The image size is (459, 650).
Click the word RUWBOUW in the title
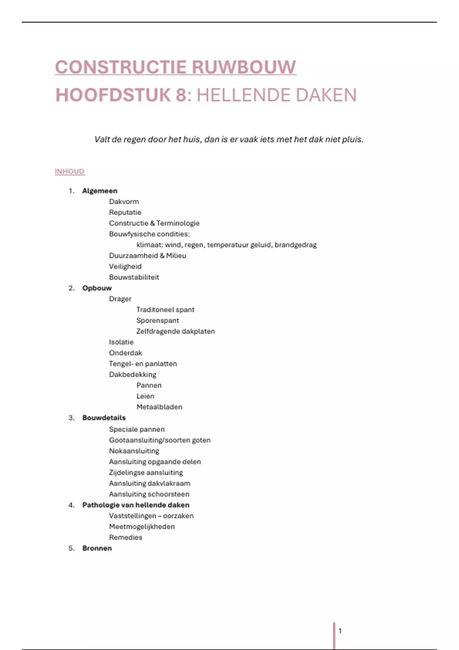click(x=244, y=67)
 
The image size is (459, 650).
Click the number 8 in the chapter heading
click(x=181, y=95)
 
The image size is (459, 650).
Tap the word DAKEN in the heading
click(x=326, y=95)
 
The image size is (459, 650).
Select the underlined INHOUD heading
click(x=70, y=171)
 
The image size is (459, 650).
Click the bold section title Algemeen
click(x=100, y=191)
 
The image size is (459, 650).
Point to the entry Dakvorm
click(x=124, y=201)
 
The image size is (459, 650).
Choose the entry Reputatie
click(x=125, y=212)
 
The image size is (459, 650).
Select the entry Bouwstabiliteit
click(x=134, y=277)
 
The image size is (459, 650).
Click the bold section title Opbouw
click(x=97, y=288)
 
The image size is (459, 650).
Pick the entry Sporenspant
click(x=158, y=320)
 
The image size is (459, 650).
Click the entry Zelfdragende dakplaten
click(x=176, y=331)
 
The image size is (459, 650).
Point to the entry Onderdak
click(x=125, y=353)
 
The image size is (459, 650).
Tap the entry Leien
click(x=145, y=396)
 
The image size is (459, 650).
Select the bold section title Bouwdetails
click(x=104, y=418)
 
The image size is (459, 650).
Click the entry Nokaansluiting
click(x=134, y=451)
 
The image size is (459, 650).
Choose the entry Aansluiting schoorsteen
click(x=149, y=494)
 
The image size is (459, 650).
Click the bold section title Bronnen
click(x=97, y=548)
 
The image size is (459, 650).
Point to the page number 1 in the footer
click(x=340, y=630)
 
